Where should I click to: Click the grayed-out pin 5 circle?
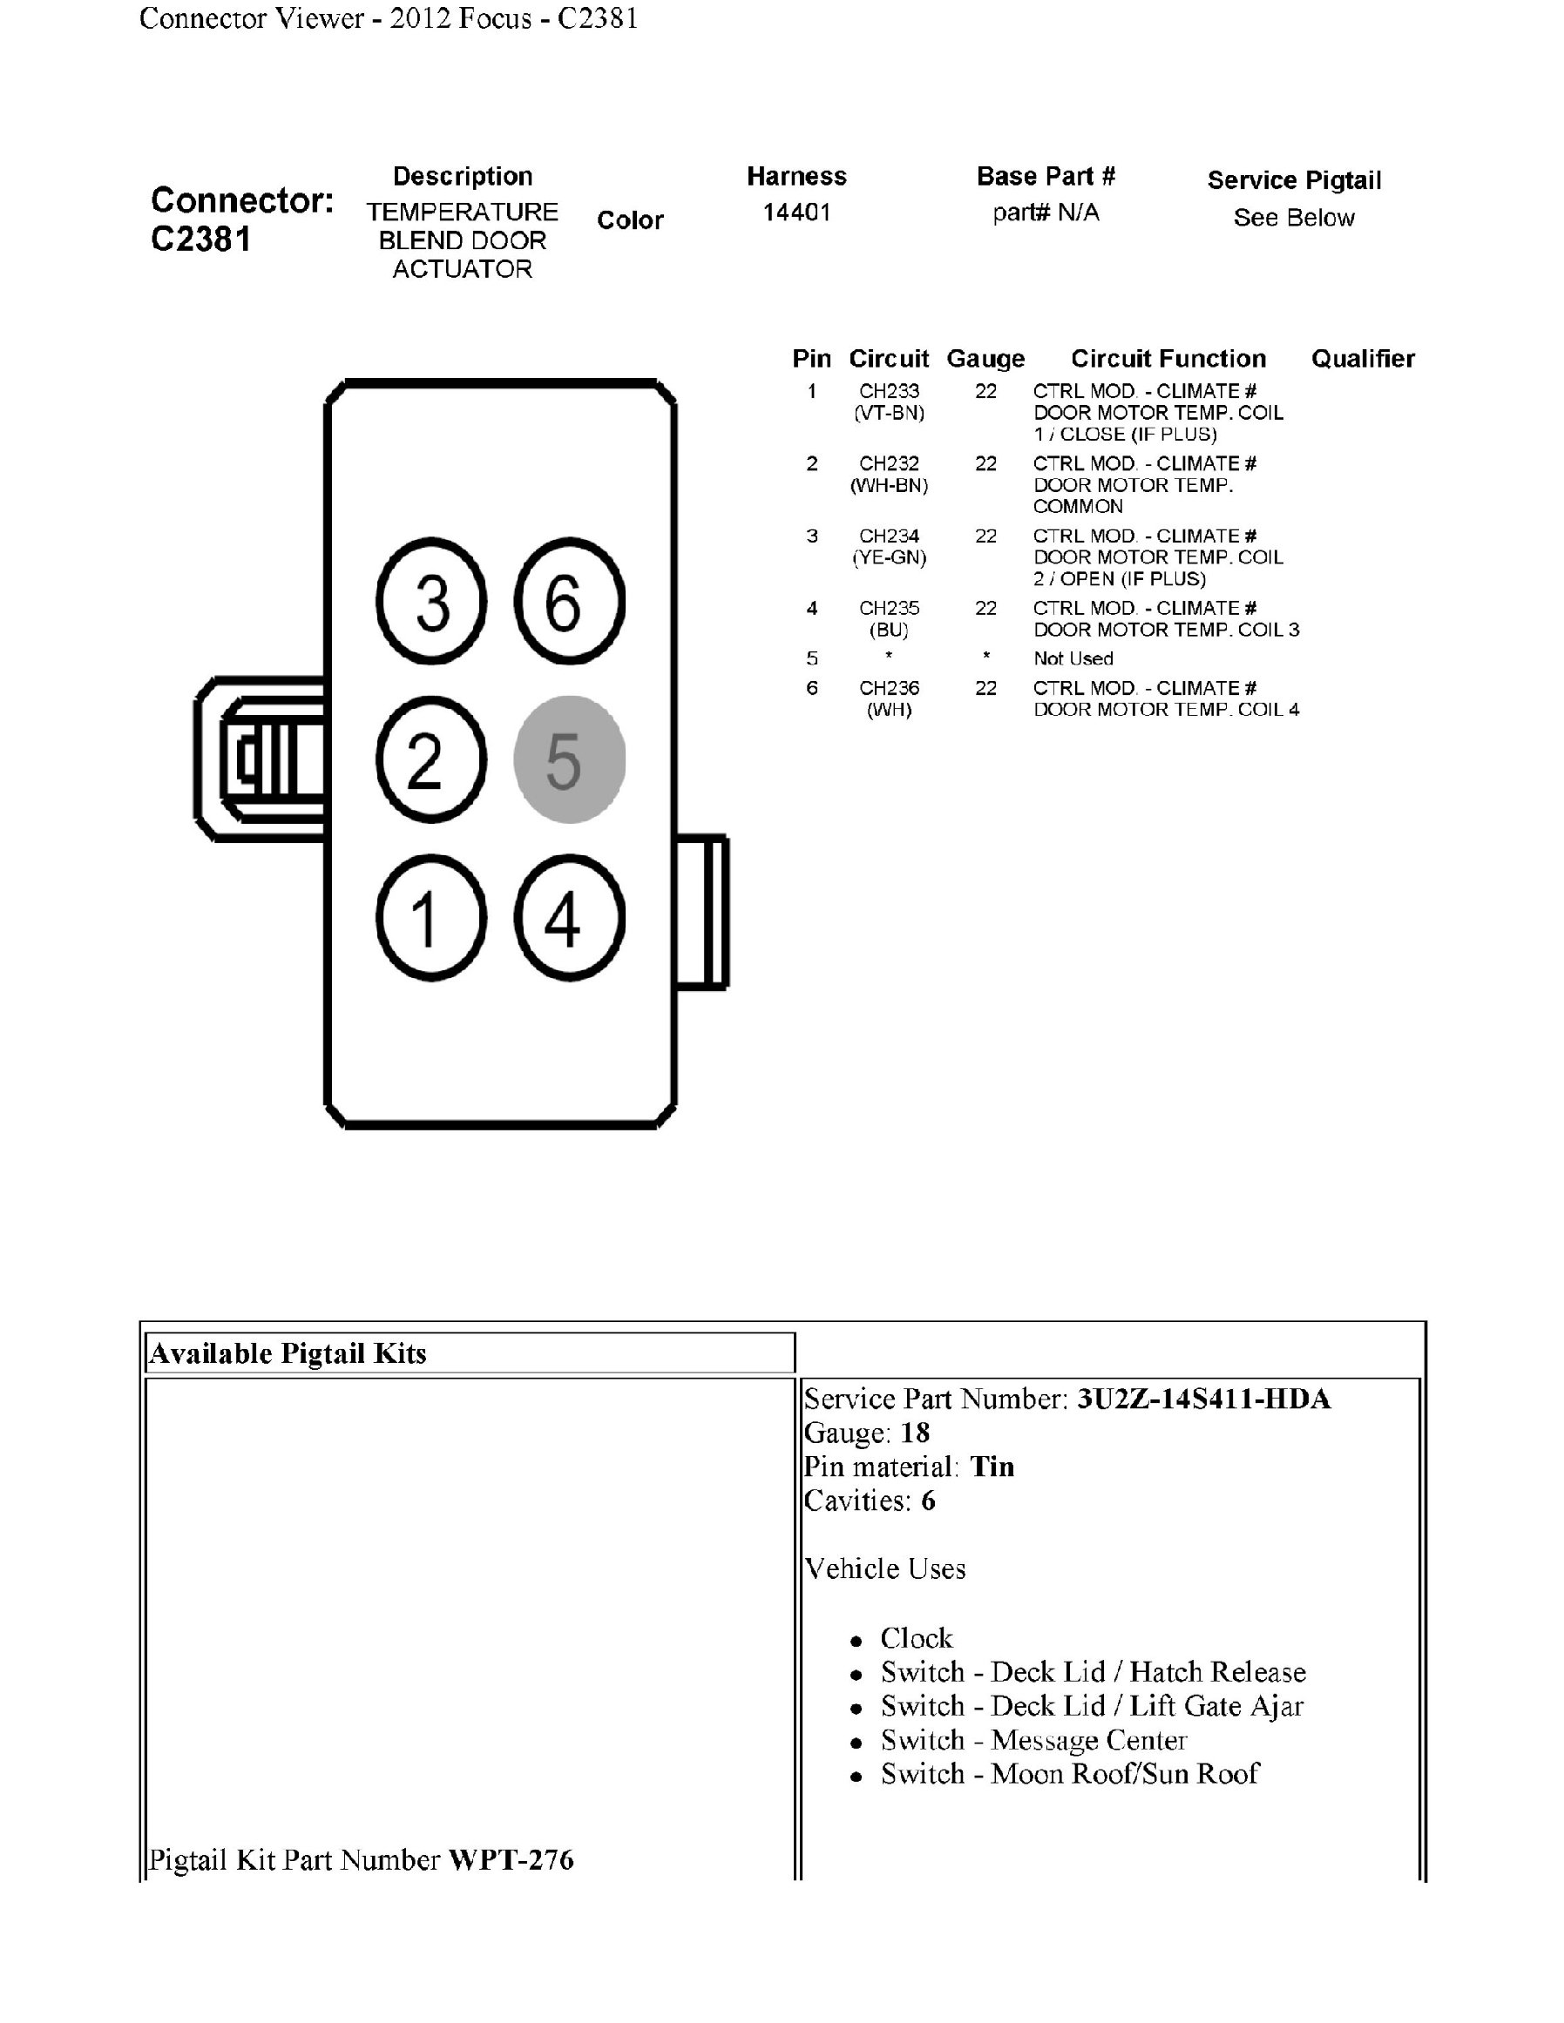569,759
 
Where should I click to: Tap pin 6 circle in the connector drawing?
569,601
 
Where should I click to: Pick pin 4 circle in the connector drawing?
569,917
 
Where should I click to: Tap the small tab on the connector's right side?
703,913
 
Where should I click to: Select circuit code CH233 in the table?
889,392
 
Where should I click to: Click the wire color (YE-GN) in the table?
889,557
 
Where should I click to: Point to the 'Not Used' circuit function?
1073,658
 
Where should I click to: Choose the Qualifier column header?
1362,360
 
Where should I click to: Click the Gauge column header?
985,360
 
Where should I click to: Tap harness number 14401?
796,213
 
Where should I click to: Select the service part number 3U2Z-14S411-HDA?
1202,1399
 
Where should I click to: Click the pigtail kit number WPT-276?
511,1860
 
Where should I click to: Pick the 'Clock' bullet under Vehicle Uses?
916,1639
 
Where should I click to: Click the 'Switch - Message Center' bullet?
1033,1741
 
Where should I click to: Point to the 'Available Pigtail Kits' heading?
288,1354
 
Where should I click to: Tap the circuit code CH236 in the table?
889,688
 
